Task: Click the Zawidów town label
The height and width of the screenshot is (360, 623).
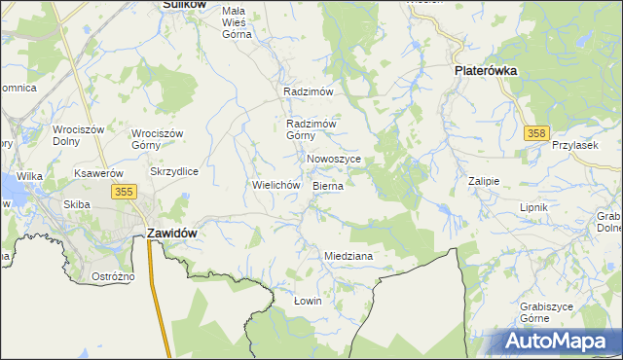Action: (172, 234)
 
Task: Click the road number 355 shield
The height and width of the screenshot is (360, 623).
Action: (123, 192)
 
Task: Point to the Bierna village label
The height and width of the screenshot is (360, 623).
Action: (328, 185)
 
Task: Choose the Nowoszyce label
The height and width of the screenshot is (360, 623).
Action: (334, 159)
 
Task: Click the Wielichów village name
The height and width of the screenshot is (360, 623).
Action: (275, 184)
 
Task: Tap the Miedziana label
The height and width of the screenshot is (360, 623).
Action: (348, 256)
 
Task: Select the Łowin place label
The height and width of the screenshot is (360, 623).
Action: (308, 301)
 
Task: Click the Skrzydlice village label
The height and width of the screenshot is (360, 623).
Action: (174, 171)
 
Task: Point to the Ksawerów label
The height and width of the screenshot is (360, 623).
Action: (97, 173)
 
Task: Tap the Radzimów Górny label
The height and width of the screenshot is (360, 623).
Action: (311, 129)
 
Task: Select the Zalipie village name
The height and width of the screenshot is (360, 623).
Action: (483, 181)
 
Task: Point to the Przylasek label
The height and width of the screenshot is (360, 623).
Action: (573, 145)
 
